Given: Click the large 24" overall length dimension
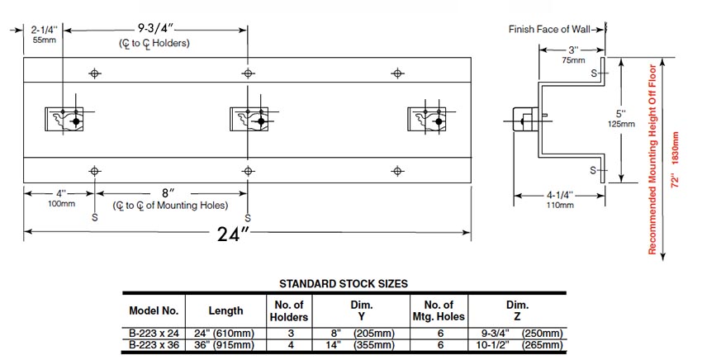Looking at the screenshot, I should pyautogui.click(x=234, y=234).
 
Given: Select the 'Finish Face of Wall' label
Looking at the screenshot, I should pyautogui.click(x=549, y=29).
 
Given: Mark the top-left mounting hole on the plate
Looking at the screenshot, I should pyautogui.click(x=95, y=73).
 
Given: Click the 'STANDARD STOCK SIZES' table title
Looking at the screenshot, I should pyautogui.click(x=344, y=283).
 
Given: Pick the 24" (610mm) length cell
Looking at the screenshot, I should pyautogui.click(x=225, y=333).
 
